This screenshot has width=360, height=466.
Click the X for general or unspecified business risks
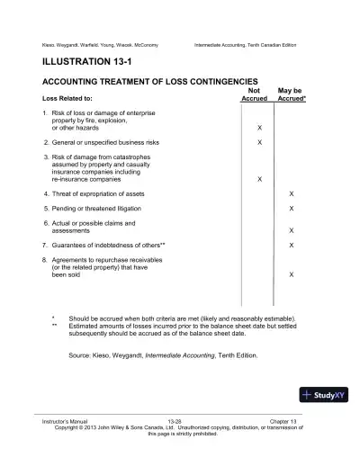tap(260, 143)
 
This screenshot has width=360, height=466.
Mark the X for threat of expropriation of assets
tap(290, 194)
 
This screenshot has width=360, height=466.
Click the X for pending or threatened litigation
tap(290, 209)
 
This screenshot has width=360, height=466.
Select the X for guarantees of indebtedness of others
tap(290, 245)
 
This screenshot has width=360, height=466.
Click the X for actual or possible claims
tap(290, 230)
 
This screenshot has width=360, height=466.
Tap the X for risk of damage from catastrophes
tap(260, 179)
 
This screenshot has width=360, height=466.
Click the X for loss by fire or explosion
tap(260, 129)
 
